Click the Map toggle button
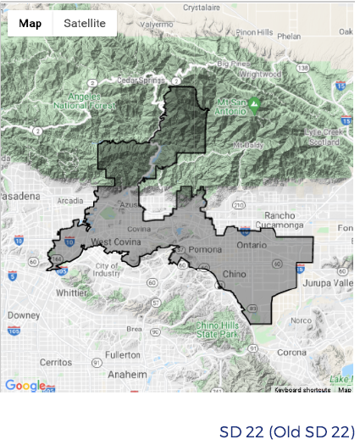(30, 23)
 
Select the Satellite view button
(84, 23)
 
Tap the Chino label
(235, 275)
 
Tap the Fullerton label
(124, 354)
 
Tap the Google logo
(25, 386)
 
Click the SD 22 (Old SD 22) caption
(286, 431)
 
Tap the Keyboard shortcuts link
(302, 390)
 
